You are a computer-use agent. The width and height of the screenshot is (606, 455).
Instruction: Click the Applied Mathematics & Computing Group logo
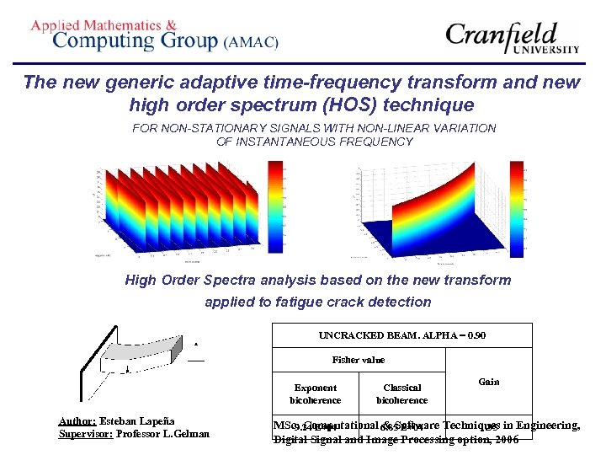(154, 35)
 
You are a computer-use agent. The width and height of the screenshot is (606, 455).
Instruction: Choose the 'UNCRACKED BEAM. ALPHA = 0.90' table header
(401, 335)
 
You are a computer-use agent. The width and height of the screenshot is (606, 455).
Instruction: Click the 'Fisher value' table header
(359, 360)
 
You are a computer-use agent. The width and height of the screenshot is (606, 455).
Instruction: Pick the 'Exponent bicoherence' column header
(316, 393)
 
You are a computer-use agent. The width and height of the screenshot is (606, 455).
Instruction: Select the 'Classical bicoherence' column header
(401, 393)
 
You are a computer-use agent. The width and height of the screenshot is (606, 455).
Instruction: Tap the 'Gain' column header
(488, 382)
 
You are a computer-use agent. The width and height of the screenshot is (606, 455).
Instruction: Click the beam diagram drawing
(135, 361)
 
